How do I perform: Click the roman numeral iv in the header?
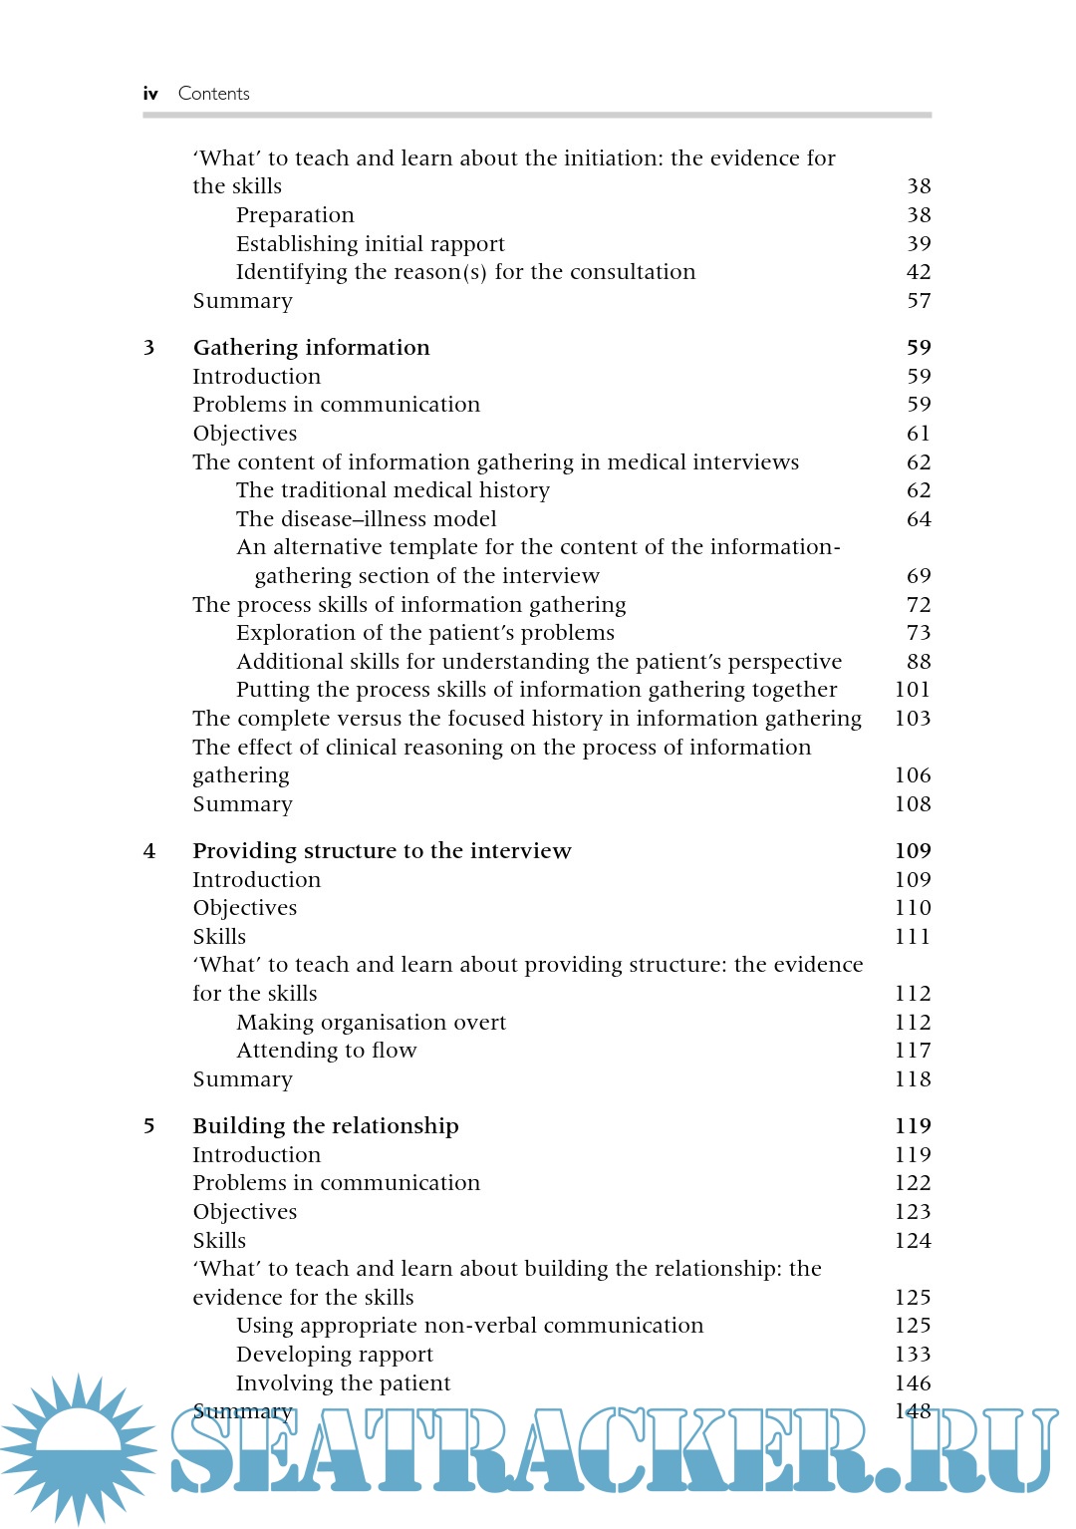[150, 94]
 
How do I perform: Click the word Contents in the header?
[213, 94]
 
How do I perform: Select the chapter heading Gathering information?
[311, 348]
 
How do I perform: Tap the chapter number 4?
[149, 851]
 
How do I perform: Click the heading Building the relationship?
[326, 1126]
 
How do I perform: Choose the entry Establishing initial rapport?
[370, 244]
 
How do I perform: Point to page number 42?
[919, 272]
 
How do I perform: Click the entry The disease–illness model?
[366, 519]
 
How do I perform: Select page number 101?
[912, 690]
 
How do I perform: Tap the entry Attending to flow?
[326, 1051]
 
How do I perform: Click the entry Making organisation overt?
[371, 1023]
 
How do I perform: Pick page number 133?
[912, 1355]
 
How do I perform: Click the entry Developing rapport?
[334, 1355]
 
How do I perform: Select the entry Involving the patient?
[343, 1383]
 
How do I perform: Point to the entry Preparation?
[295, 215]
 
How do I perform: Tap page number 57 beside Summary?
[919, 301]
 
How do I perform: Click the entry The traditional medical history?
[393, 490]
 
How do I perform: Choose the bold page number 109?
[912, 851]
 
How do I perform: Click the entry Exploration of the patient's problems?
[424, 633]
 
